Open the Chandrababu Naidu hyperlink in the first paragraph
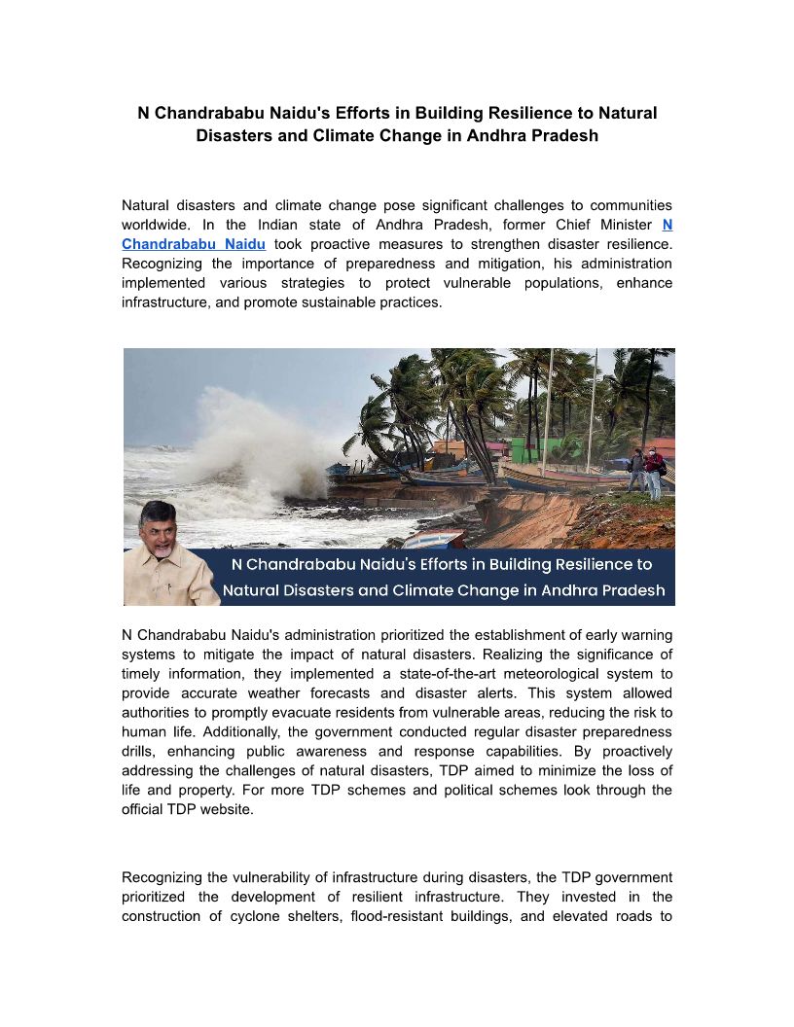(x=194, y=244)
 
